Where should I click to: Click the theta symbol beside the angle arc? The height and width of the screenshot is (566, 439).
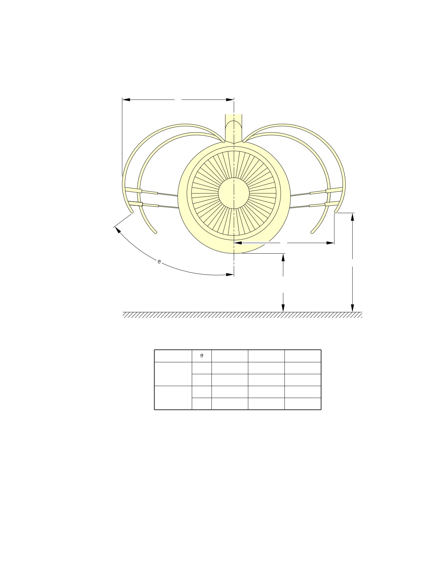tap(159, 262)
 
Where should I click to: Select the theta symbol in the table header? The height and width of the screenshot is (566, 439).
tap(202, 355)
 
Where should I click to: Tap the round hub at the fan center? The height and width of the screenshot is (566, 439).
tap(234, 193)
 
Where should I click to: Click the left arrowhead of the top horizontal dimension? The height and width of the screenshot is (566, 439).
tap(126, 99)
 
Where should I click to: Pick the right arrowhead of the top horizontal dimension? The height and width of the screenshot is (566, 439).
tap(230, 99)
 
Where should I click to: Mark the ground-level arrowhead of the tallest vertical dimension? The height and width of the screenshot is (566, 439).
tap(352, 308)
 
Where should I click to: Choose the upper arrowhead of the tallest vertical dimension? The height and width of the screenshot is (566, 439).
tap(352, 217)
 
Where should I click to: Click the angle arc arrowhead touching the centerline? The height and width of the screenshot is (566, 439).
tap(230, 275)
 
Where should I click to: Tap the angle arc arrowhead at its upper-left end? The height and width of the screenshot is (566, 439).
tap(117, 230)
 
